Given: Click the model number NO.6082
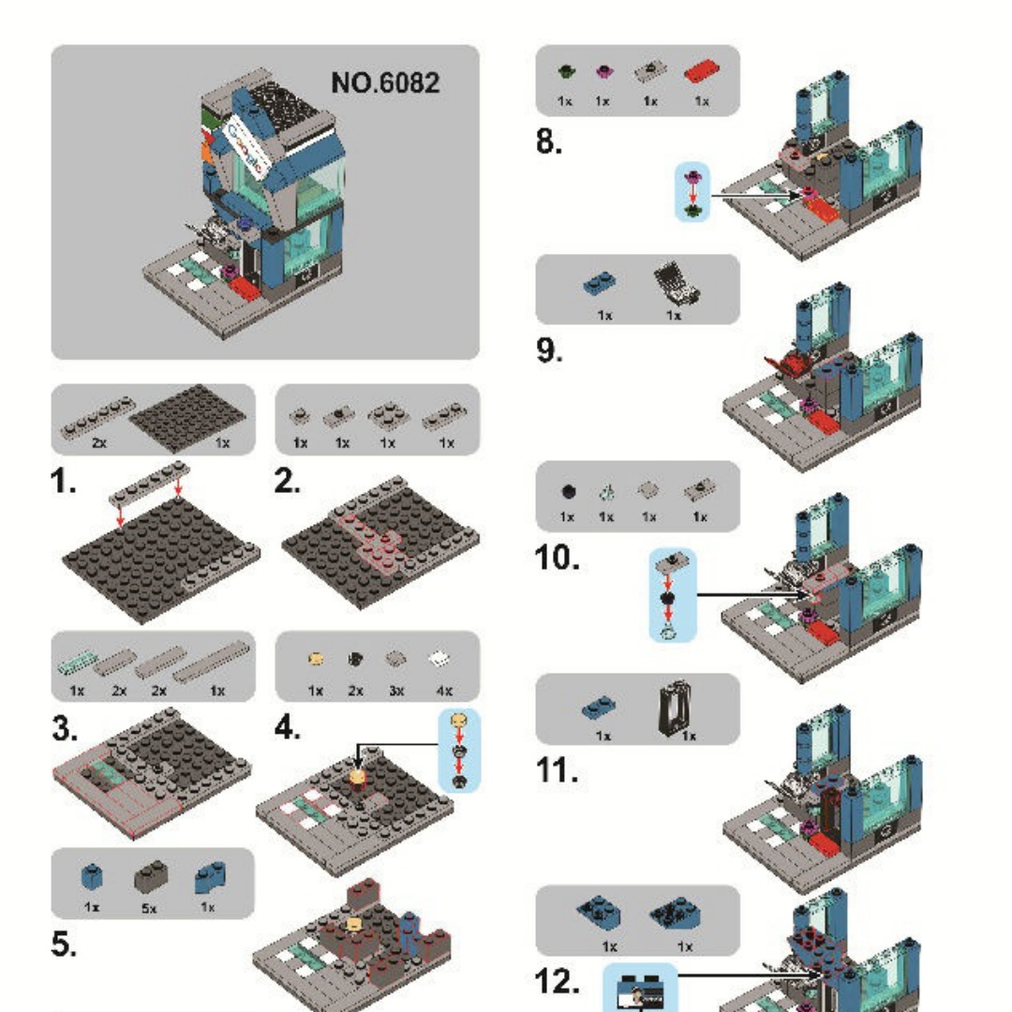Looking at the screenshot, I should click(x=384, y=83).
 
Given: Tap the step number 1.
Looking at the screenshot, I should click(x=65, y=483).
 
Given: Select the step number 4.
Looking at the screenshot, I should click(x=288, y=727).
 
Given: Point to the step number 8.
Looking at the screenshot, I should click(x=548, y=142).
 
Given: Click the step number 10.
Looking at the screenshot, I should click(x=557, y=558).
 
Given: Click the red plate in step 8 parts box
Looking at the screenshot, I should click(x=700, y=70).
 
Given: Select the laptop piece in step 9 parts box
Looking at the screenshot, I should click(x=673, y=280).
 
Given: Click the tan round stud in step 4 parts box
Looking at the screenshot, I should click(x=317, y=660).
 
